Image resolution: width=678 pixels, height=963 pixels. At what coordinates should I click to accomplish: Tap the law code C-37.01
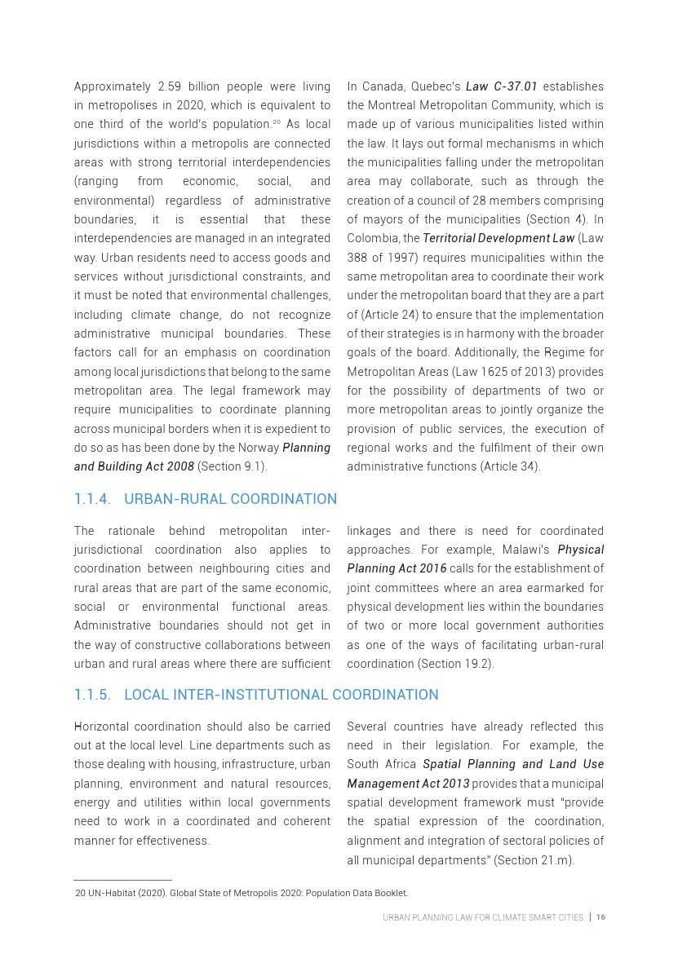(x=516, y=86)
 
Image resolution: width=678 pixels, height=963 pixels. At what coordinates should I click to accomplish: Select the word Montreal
(x=414, y=105)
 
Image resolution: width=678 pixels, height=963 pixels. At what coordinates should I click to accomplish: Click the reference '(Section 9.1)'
(x=233, y=466)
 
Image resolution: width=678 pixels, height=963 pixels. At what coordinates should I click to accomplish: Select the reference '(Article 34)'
(x=510, y=466)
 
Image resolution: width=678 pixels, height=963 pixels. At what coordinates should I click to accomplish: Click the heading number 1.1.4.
(x=92, y=499)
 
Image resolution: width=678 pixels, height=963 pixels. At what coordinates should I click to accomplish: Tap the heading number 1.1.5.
(x=92, y=695)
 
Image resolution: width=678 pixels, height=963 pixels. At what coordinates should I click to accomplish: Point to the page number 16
(x=600, y=917)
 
